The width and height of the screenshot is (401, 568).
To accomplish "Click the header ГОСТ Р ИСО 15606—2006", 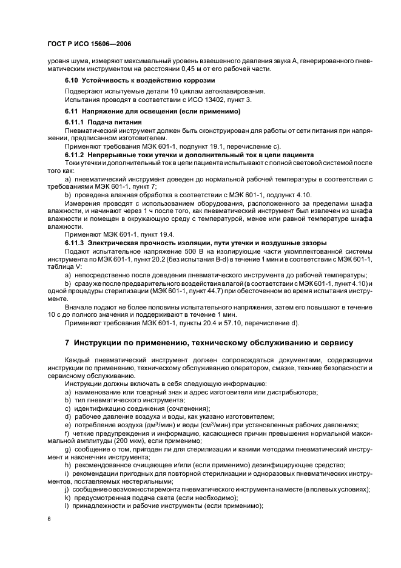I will [89, 45].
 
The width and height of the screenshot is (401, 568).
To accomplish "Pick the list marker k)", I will [67, 498].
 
